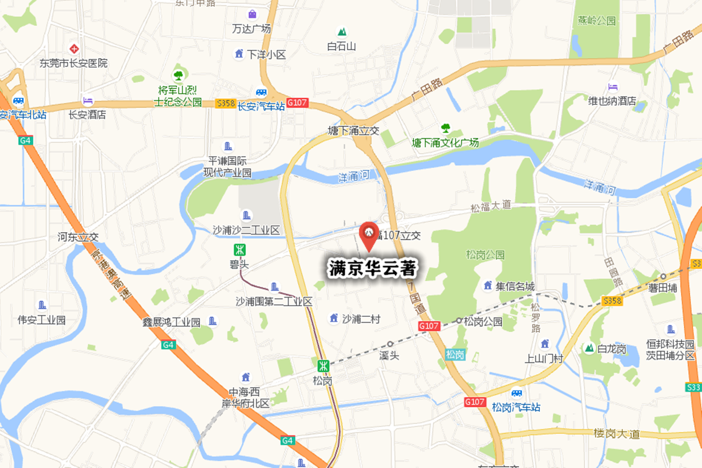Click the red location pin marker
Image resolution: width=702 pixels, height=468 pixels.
pos(369,234)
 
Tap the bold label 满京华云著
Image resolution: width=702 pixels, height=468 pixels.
pos(372,268)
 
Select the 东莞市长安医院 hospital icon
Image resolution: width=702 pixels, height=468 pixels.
pos(74,49)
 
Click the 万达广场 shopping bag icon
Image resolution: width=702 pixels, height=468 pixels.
pos(252,14)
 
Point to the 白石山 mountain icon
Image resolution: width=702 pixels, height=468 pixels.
pos(342,32)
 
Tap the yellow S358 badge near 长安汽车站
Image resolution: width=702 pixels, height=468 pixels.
pos(226,103)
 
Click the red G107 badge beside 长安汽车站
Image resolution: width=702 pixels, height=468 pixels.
pos(297,103)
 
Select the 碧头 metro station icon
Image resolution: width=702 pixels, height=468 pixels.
pos(239,250)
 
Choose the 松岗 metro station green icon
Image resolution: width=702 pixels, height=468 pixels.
pos(323,366)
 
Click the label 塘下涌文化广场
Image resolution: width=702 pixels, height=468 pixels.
pos(445,143)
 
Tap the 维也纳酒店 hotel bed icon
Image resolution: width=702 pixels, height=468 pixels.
pos(613,87)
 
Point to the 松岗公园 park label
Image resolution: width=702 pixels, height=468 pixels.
pos(485,254)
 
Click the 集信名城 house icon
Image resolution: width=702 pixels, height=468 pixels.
pos(487,285)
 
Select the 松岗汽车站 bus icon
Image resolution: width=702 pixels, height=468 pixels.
pos(517,393)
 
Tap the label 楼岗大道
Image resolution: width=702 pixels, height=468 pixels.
pos(617,433)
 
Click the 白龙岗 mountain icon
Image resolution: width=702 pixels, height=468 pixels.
pos(589,349)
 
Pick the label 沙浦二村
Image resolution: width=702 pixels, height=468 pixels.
pos(361,319)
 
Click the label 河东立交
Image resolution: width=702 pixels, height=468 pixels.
pos(78,237)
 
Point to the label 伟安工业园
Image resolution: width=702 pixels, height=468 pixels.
pos(41,320)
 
